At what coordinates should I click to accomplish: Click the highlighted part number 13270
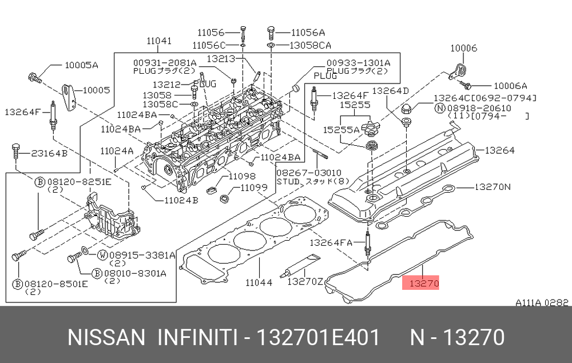421,282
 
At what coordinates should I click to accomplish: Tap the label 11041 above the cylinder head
158,41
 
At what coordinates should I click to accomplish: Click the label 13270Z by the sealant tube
305,281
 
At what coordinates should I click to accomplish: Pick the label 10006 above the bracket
463,49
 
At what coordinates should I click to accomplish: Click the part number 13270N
492,187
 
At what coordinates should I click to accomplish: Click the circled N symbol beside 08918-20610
440,107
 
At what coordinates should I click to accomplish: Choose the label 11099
254,188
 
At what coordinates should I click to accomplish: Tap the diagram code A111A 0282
542,302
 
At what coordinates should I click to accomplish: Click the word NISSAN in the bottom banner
107,338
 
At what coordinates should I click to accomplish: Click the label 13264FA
330,242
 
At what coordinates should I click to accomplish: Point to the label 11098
242,176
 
